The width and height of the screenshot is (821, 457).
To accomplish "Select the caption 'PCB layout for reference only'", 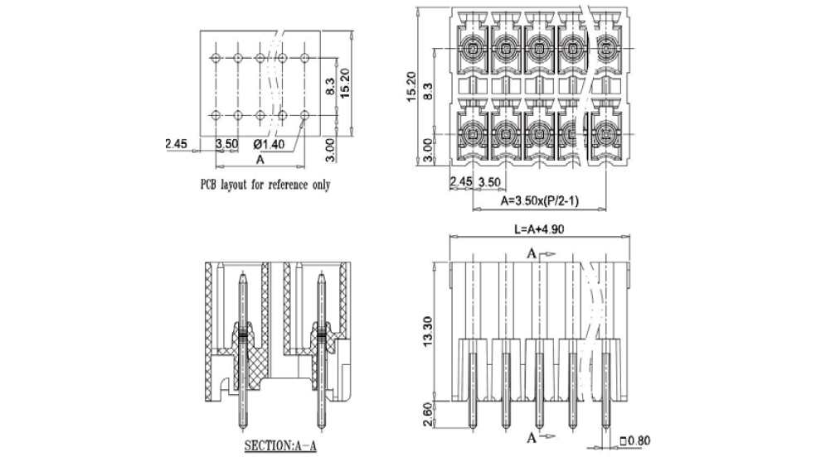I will point(265,185).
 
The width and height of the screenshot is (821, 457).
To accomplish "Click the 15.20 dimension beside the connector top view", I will point(410,86).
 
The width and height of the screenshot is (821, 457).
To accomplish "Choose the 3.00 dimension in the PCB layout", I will point(331,149).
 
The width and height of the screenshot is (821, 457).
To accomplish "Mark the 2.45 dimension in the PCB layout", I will point(176,144).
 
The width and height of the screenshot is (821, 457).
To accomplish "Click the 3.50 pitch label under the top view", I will point(489,181).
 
